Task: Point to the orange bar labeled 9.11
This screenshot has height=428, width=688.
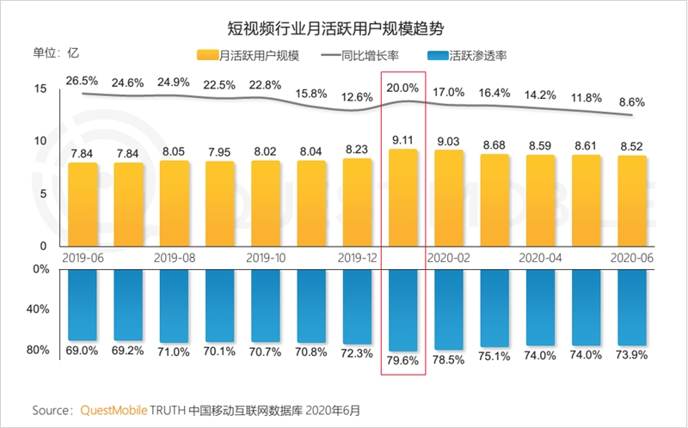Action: [x=402, y=198]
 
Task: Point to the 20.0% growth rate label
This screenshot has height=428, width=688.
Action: [x=402, y=88]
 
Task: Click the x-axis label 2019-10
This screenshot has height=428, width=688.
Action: [x=265, y=257]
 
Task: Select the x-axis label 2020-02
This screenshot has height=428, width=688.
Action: [x=449, y=257]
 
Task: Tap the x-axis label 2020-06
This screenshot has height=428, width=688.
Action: [x=632, y=257]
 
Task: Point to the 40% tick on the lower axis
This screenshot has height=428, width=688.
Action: [x=36, y=309]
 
